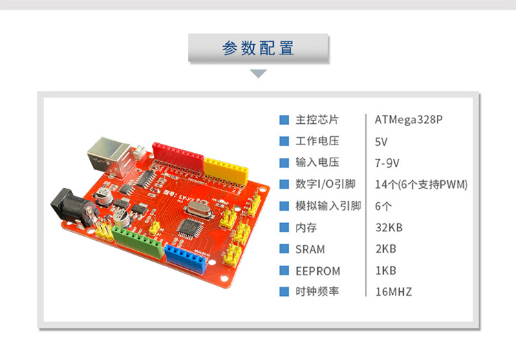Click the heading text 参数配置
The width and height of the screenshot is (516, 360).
pyautogui.click(x=258, y=48)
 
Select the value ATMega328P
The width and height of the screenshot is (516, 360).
pyautogui.click(x=409, y=120)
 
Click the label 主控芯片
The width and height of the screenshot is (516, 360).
pyautogui.click(x=317, y=120)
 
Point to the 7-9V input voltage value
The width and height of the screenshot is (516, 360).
pyautogui.click(x=387, y=162)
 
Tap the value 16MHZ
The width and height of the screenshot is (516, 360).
pyautogui.click(x=394, y=291)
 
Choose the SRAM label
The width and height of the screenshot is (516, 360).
pyautogui.click(x=310, y=248)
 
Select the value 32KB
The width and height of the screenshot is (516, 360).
pyautogui.click(x=389, y=227)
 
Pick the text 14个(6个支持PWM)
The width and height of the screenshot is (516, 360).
pyautogui.click(x=421, y=184)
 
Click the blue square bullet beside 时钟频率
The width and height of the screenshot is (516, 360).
pyautogui.click(x=283, y=291)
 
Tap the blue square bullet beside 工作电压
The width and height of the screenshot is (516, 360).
pyautogui.click(x=283, y=141)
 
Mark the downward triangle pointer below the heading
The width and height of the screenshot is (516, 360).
pyautogui.click(x=258, y=74)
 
